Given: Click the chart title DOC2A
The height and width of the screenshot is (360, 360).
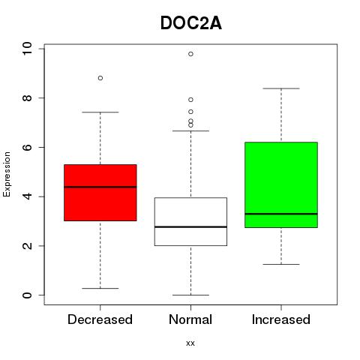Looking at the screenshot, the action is (191, 23).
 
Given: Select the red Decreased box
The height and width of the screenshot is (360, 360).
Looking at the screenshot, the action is (100, 193).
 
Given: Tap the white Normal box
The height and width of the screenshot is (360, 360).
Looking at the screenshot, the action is (190, 222).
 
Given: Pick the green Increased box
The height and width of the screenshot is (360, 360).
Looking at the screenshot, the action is (281, 184).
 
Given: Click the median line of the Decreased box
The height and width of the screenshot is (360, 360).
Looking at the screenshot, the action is (100, 187).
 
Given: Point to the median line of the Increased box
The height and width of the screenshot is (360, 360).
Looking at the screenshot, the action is (281, 214).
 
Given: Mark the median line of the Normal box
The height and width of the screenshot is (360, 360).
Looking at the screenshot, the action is (190, 226).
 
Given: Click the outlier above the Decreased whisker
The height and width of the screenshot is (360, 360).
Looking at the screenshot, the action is (100, 78).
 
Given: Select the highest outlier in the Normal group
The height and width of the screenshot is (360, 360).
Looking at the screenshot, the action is (190, 54).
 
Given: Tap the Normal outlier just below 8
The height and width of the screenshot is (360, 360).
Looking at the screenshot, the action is (190, 100).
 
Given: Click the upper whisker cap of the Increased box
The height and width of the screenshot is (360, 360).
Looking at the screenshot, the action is (281, 88).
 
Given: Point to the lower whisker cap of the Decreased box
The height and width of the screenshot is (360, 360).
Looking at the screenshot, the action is (100, 288).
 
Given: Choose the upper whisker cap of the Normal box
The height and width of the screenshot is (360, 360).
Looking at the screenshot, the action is (190, 130).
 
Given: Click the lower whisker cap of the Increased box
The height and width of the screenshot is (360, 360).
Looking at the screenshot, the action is (281, 264).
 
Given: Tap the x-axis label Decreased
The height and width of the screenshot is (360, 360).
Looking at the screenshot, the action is (100, 319).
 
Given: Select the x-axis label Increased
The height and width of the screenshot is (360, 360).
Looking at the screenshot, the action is (281, 319).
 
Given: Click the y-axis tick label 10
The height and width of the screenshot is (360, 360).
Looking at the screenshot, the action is (27, 49).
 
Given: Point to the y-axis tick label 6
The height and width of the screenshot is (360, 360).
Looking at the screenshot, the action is (27, 147).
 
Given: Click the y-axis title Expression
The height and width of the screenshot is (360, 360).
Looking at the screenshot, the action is (7, 174).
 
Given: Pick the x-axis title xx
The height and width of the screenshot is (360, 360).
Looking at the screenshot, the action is (190, 343).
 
